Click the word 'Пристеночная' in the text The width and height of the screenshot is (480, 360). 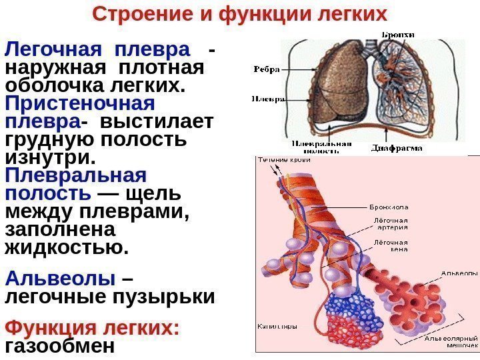[79, 105]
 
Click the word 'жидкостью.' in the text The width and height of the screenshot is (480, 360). [66, 247]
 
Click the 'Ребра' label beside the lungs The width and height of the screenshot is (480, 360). [266, 68]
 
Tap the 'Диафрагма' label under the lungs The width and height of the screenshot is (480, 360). [397, 148]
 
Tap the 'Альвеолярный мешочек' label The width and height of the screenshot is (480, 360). [451, 341]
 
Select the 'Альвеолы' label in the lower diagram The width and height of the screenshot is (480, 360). [459, 273]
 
